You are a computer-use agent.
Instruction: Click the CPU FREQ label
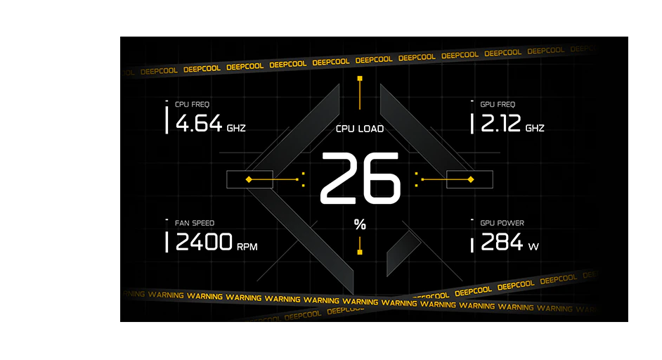pyautogui.click(x=192, y=104)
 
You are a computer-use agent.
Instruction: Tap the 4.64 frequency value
pyautogui.click(x=198, y=123)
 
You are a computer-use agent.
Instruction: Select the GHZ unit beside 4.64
pyautogui.click(x=236, y=128)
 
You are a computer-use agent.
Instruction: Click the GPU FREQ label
pyautogui.click(x=498, y=104)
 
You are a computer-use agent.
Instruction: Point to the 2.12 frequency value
pyautogui.click(x=501, y=123)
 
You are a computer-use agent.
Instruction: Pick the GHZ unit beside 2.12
pyautogui.click(x=535, y=128)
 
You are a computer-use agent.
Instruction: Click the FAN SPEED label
pyautogui.click(x=195, y=223)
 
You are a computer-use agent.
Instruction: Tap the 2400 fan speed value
pyautogui.click(x=204, y=242)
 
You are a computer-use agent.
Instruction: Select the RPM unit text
pyautogui.click(x=247, y=247)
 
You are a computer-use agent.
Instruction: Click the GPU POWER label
pyautogui.click(x=502, y=223)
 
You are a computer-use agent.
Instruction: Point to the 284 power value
pyautogui.click(x=502, y=242)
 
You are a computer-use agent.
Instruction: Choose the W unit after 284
pyautogui.click(x=533, y=247)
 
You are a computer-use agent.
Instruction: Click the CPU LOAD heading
pyautogui.click(x=360, y=129)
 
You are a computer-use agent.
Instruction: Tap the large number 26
pyautogui.click(x=360, y=179)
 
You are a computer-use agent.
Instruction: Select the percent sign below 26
pyautogui.click(x=360, y=224)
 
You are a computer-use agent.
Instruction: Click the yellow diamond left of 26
pyautogui.click(x=249, y=179)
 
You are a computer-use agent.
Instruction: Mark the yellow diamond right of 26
pyautogui.click(x=471, y=179)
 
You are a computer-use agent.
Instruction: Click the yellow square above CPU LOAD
pyautogui.click(x=360, y=79)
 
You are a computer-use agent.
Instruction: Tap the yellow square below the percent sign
pyautogui.click(x=360, y=252)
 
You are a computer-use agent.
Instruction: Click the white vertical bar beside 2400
pyautogui.click(x=167, y=242)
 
